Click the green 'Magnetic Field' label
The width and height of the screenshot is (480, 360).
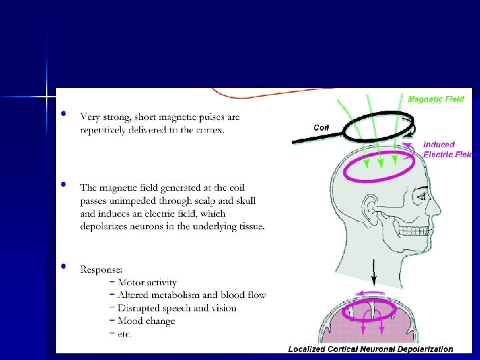click(436, 99)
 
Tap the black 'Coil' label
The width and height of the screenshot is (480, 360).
click(321, 127)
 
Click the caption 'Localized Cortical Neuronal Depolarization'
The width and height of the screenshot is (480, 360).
click(370, 349)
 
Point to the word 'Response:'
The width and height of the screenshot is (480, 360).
click(101, 269)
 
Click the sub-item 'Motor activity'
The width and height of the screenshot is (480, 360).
click(147, 283)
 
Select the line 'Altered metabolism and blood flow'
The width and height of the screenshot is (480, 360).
click(191, 295)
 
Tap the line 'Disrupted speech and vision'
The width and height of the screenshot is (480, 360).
click(177, 308)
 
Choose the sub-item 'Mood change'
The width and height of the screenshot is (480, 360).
click(146, 321)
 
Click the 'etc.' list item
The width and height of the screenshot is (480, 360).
click(125, 333)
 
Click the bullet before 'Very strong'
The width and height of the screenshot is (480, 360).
click(63, 114)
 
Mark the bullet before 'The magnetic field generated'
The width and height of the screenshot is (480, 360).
click(63, 184)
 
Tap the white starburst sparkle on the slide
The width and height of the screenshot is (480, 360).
click(47, 97)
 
